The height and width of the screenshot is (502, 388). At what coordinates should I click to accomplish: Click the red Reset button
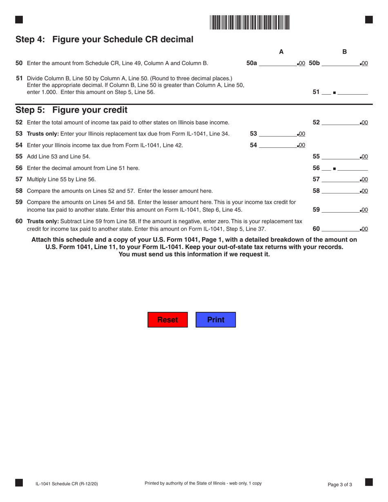(167, 320)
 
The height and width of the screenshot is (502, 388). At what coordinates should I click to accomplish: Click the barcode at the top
(250, 22)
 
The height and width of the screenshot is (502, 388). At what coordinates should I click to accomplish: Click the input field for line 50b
(340, 63)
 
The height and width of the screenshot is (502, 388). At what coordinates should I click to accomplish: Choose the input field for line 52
(340, 122)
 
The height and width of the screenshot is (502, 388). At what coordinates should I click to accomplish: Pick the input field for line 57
(340, 179)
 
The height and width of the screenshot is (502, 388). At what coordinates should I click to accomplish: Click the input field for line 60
(340, 229)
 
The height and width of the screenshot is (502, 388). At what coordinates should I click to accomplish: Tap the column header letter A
(281, 52)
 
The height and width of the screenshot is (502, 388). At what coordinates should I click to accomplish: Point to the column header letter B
(344, 52)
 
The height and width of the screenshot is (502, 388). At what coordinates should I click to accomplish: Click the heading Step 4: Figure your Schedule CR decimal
(104, 40)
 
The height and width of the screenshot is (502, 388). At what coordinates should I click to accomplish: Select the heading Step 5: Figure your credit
(71, 110)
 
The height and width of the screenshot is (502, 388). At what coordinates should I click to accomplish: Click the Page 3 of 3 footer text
(340, 484)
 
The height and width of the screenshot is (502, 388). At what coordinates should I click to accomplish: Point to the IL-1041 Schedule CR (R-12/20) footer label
(67, 484)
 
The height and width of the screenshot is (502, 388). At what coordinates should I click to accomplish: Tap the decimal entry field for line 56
(352, 168)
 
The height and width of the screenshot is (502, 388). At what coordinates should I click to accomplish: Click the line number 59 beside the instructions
(19, 202)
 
